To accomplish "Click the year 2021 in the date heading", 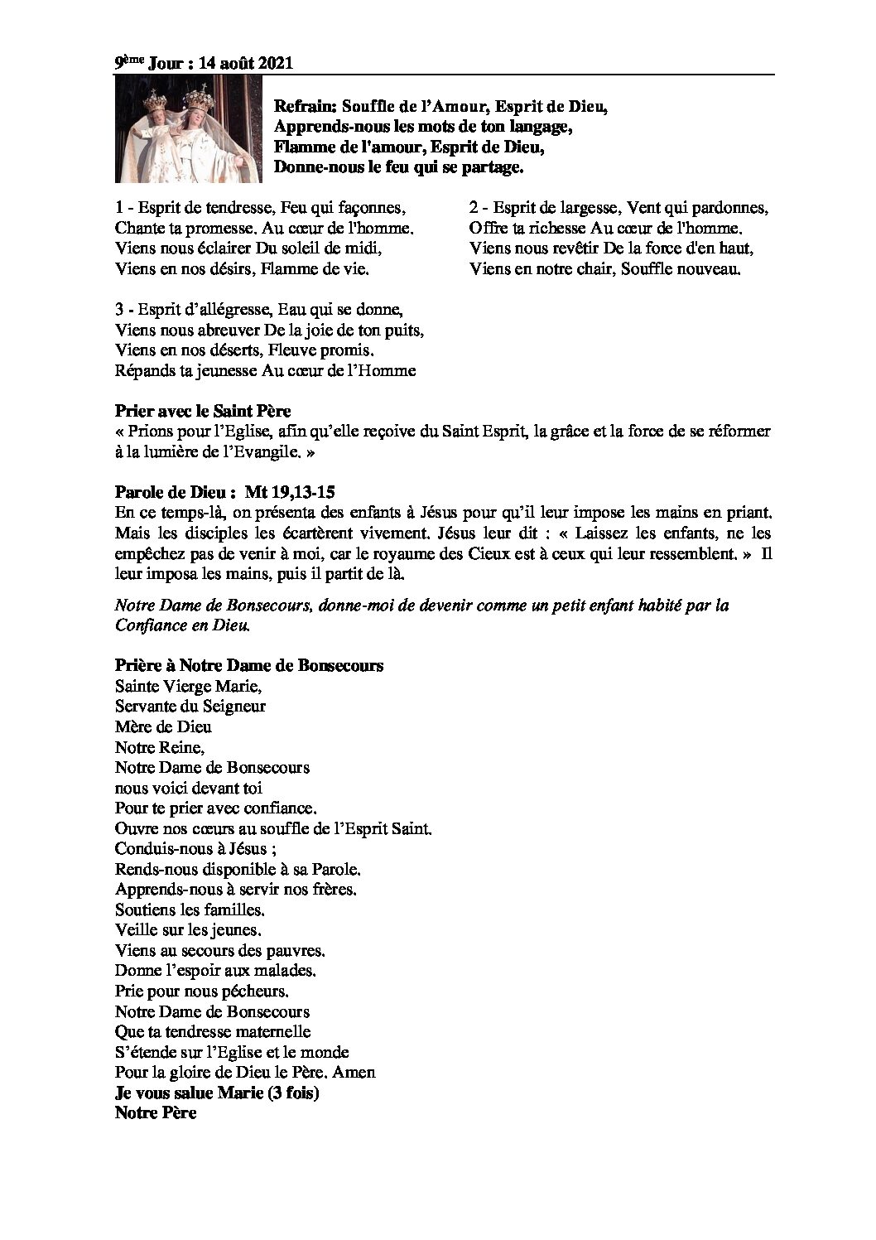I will click(x=275, y=64).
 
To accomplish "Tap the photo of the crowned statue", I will click(x=188, y=132).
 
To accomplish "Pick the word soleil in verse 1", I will click(x=295, y=248).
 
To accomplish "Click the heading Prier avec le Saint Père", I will click(x=203, y=411).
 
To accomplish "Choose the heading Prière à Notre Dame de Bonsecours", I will click(x=248, y=666).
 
